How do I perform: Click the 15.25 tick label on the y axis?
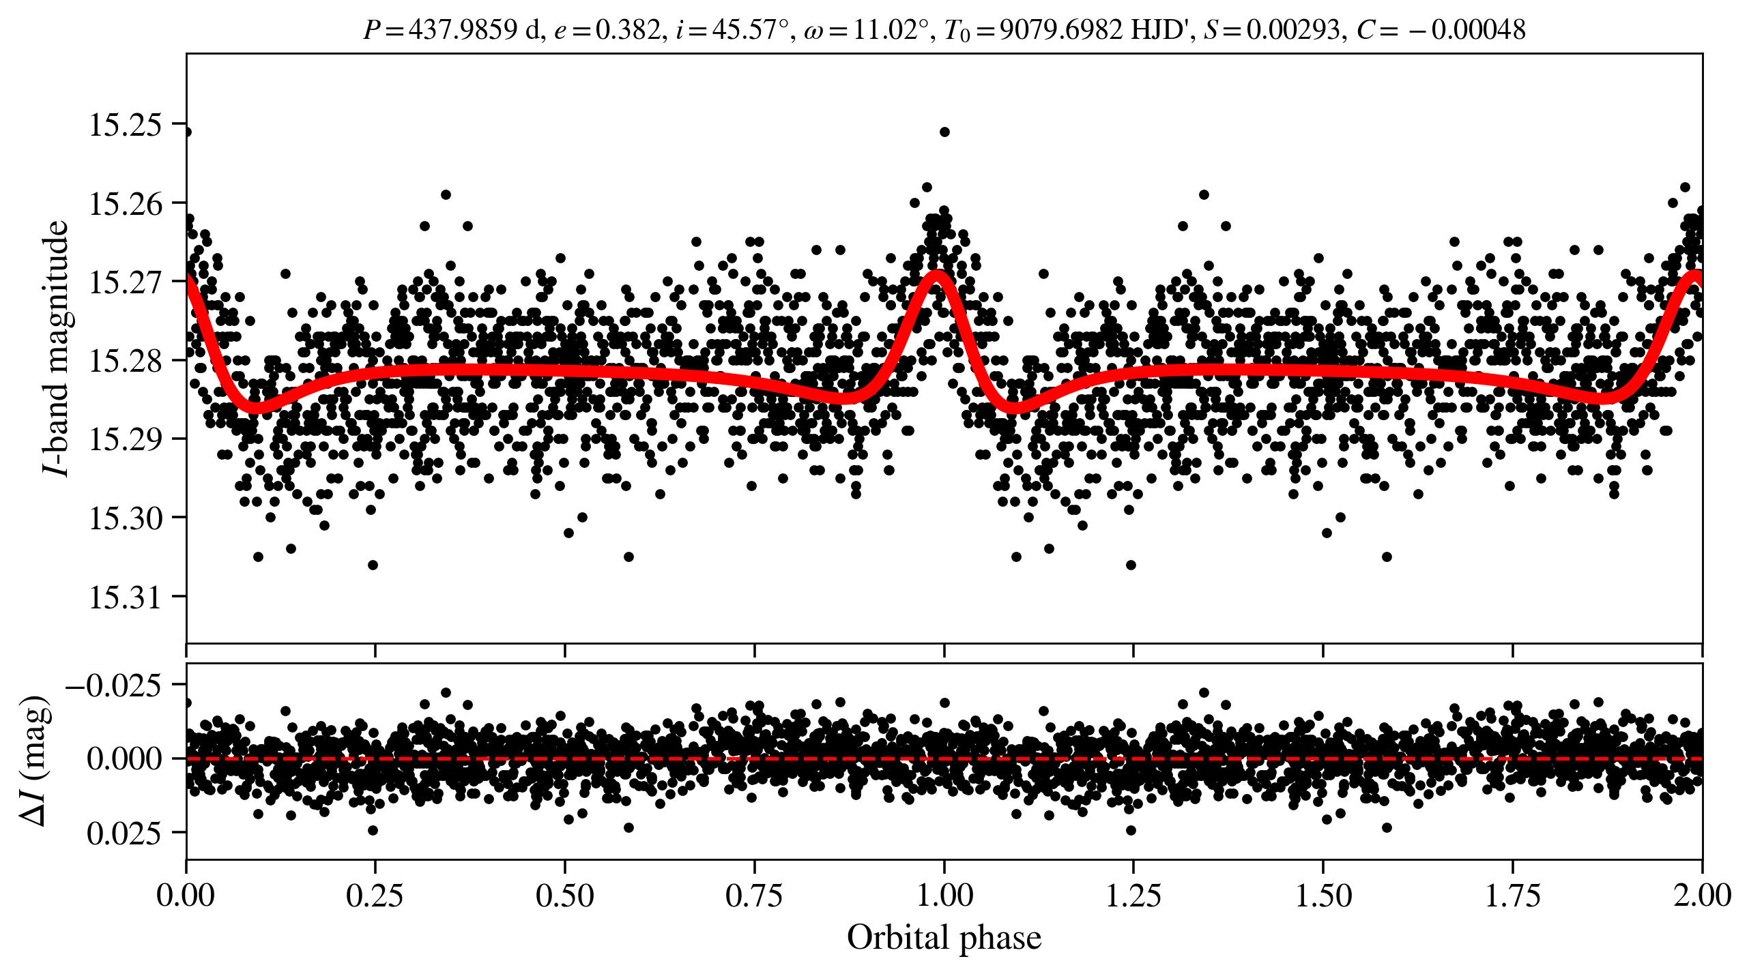(126, 125)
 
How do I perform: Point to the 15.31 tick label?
(126, 597)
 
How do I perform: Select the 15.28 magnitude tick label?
(126, 361)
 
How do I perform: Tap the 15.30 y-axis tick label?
(126, 518)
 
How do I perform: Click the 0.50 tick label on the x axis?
(564, 896)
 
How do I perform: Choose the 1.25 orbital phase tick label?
(1133, 896)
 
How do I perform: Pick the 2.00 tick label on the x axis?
(1702, 896)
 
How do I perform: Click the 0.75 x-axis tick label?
(754, 896)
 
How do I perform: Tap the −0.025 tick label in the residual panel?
(114, 685)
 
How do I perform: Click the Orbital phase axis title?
(944, 938)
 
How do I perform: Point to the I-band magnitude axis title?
(56, 348)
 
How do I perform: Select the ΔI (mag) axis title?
(35, 761)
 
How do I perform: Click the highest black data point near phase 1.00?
(944, 132)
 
